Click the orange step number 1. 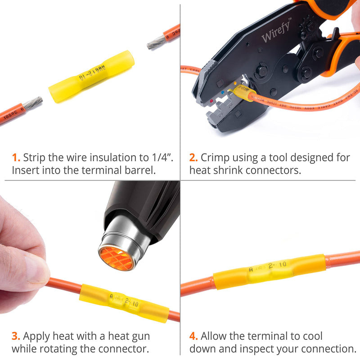(16, 157)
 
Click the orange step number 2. (193, 157)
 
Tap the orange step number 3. (16, 336)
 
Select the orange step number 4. (193, 336)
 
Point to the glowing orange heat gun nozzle (117, 257)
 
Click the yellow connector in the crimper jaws (243, 92)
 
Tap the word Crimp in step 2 (214, 157)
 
